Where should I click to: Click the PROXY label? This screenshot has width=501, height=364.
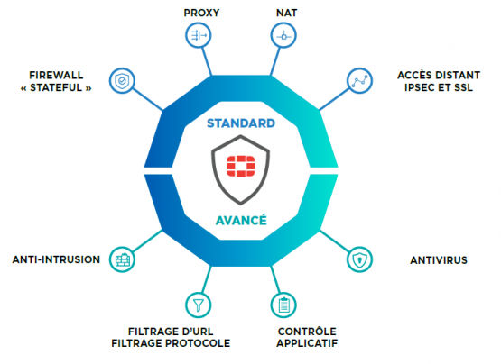click(x=201, y=13)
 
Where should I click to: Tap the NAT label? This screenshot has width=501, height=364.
click(x=286, y=13)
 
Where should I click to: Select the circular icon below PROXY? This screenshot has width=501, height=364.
click(x=199, y=35)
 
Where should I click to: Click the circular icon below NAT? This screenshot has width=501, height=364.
click(x=283, y=35)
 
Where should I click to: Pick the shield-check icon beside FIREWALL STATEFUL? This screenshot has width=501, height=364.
click(x=122, y=81)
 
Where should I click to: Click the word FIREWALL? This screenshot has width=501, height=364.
click(x=56, y=76)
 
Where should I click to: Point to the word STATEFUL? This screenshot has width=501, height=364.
click(x=56, y=87)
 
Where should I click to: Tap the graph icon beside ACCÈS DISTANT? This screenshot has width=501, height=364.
click(x=359, y=81)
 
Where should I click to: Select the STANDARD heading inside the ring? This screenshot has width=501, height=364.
click(x=241, y=123)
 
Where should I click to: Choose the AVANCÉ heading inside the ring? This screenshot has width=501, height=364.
click(x=241, y=220)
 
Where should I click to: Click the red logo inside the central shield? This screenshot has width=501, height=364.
click(x=241, y=166)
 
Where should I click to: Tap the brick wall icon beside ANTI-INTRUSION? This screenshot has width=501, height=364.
click(x=122, y=259)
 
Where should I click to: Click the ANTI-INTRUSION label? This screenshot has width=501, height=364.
click(x=56, y=259)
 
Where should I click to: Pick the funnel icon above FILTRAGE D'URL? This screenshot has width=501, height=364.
click(x=199, y=305)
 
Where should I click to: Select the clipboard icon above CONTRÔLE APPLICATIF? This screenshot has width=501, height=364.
click(x=283, y=305)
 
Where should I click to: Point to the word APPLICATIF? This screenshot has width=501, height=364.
click(x=307, y=343)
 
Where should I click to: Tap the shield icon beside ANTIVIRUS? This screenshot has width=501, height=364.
click(x=359, y=259)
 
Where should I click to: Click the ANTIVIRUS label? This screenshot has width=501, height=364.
click(x=439, y=260)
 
